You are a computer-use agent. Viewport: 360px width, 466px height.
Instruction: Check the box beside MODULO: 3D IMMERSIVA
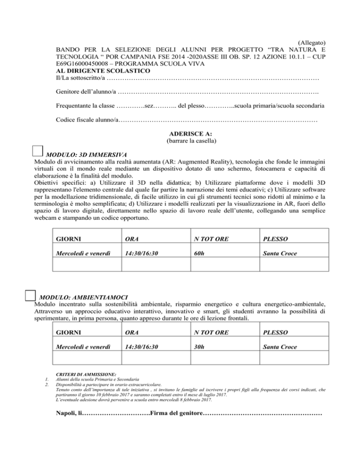click(x=38, y=151)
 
